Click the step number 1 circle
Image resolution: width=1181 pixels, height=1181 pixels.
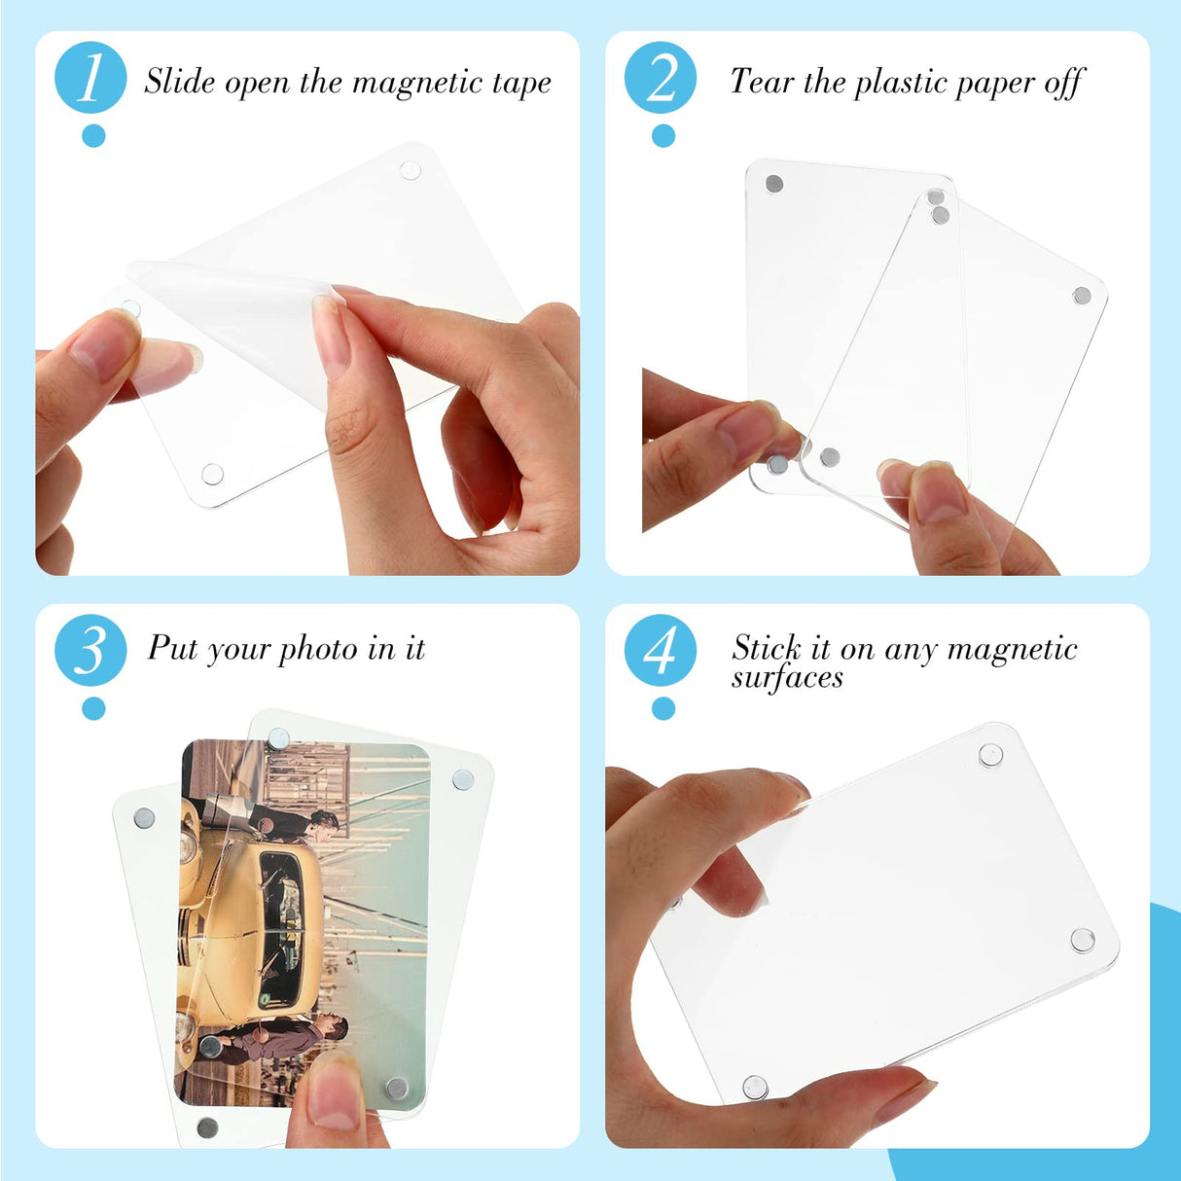tap(90, 78)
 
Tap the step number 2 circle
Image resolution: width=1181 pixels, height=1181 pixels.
tap(661, 78)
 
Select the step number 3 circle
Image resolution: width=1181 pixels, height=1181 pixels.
tap(90, 650)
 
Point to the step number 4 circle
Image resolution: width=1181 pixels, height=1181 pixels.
tap(661, 650)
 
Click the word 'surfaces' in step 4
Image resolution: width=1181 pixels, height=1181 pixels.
tap(787, 678)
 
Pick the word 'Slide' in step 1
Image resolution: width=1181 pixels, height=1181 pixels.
tap(180, 82)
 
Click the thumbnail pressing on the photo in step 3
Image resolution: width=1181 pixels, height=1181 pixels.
tap(331, 1094)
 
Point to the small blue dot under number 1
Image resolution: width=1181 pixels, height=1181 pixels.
tap(93, 135)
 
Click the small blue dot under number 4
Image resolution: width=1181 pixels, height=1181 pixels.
tap(663, 708)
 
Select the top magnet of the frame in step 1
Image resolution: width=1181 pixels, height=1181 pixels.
tap(410, 171)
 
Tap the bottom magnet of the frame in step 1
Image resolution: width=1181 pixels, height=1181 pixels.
tap(212, 475)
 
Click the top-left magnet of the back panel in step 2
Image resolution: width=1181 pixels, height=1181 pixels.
tap(774, 184)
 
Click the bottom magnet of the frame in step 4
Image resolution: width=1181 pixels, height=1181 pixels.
tap(755, 1086)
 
